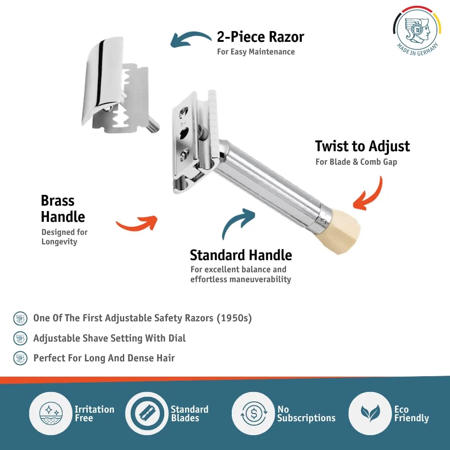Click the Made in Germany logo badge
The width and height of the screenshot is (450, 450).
(417, 30)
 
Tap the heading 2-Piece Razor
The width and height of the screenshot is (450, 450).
(260, 37)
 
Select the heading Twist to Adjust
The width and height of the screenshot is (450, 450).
(362, 146)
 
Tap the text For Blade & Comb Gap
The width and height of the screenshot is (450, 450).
(356, 162)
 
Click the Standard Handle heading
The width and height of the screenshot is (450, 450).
(241, 255)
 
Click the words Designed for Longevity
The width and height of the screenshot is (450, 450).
(64, 237)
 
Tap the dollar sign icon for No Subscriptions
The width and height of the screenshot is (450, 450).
(254, 414)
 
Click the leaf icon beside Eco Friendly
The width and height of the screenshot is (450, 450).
(370, 413)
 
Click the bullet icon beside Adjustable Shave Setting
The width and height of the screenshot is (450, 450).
(20, 338)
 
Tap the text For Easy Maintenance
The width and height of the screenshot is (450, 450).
(256, 52)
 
